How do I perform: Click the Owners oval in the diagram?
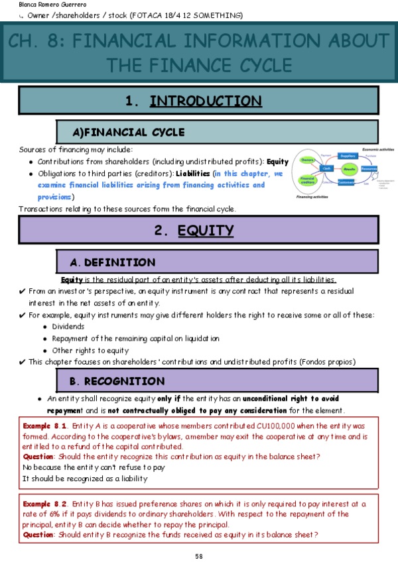coord(306,160)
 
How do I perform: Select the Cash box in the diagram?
coord(327,168)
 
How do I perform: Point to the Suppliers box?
coord(348,156)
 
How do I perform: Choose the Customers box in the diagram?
coord(346,182)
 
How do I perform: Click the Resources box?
coord(369,169)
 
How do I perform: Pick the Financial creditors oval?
coord(307,179)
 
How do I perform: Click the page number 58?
coord(198,555)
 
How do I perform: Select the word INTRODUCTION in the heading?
coord(206,101)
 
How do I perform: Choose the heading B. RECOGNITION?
coord(117,381)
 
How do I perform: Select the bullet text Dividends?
coord(68,326)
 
